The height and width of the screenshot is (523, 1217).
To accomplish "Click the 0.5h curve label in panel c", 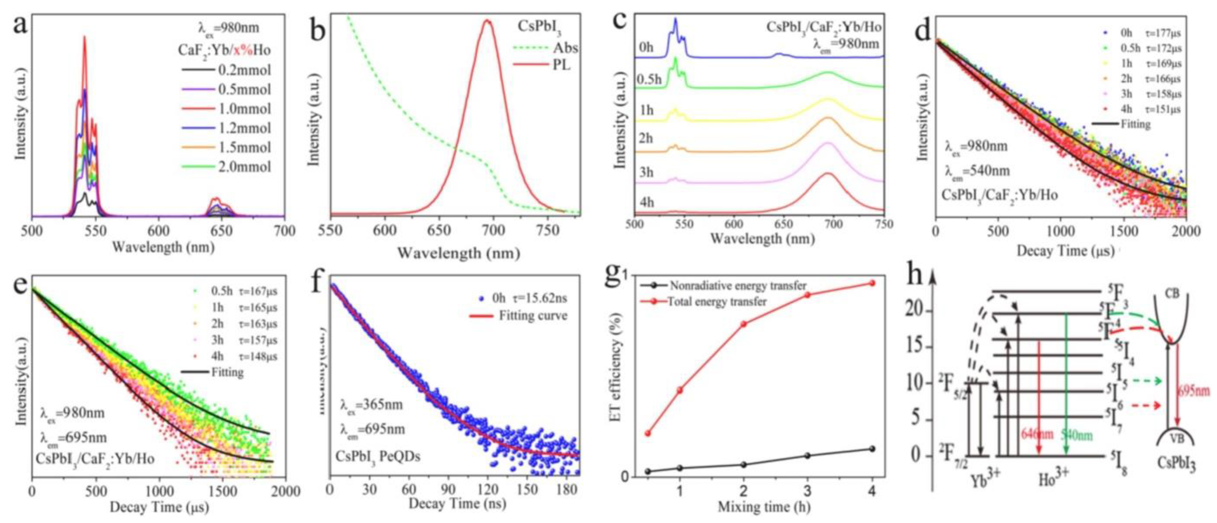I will (649, 79).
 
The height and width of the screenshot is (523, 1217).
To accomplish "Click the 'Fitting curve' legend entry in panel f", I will (533, 316).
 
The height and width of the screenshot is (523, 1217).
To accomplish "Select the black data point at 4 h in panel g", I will (872, 449).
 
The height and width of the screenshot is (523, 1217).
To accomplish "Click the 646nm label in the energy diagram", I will (1037, 434).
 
